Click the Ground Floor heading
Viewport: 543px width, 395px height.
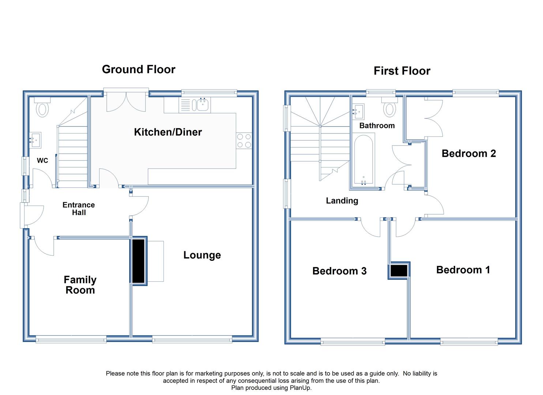click(x=139, y=69)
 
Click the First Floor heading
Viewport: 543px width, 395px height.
click(x=402, y=71)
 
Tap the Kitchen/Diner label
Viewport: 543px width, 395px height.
click(x=168, y=132)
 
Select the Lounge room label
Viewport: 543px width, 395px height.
click(x=202, y=255)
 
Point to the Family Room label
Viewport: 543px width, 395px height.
click(x=80, y=285)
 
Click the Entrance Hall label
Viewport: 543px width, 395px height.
click(x=79, y=208)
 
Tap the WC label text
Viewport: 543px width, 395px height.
click(x=42, y=160)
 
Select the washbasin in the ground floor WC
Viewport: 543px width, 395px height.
click(x=35, y=140)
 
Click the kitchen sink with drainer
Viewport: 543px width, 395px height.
click(x=195, y=105)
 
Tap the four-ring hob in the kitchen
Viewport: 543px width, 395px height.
click(x=244, y=141)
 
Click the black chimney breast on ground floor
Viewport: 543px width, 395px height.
click(x=139, y=261)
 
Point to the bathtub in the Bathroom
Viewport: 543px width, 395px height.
click(x=363, y=160)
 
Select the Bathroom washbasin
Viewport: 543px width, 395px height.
click(x=358, y=112)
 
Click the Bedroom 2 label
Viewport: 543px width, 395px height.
click(x=468, y=154)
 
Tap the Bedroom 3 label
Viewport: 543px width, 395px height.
click(x=339, y=271)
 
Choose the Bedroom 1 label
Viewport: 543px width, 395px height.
click(x=463, y=270)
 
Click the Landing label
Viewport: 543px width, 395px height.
click(x=342, y=201)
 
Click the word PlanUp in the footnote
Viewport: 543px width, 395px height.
click(x=301, y=388)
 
